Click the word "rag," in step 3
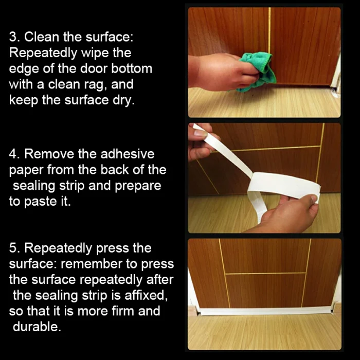95,85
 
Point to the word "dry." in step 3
123,100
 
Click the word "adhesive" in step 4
128,154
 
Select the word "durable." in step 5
37,327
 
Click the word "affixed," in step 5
146,295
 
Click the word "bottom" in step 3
132,68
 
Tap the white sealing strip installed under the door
266,311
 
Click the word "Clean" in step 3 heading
42,37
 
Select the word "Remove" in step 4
49,154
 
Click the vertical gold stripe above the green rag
269,30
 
